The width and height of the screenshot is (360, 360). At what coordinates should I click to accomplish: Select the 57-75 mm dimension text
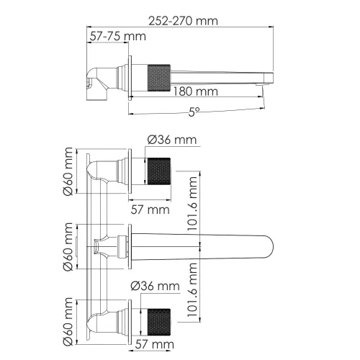[116, 37]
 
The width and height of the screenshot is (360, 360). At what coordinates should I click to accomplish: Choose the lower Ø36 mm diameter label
[155, 287]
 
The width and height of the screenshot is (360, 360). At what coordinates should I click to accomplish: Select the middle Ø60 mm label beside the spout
[68, 246]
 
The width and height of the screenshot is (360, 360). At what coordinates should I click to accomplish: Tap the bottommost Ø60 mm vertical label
[68, 320]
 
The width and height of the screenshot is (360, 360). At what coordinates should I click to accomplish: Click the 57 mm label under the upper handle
[149, 210]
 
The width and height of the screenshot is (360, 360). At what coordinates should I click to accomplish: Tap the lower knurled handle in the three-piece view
[159, 320]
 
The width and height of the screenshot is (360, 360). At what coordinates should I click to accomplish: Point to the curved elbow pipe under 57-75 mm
[100, 76]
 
